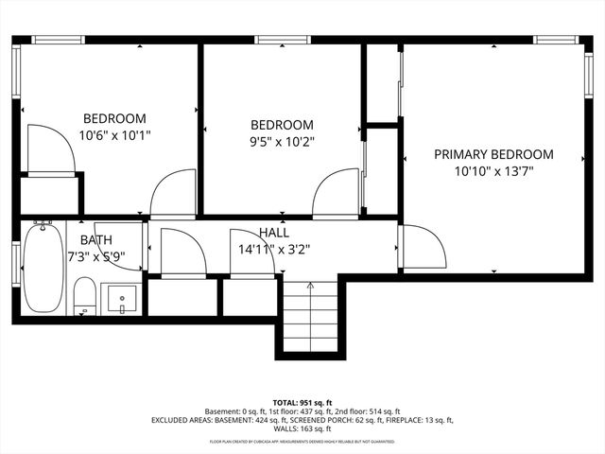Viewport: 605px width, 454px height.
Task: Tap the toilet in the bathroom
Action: click(x=85, y=295)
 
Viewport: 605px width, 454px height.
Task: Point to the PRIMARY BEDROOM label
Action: click(x=493, y=154)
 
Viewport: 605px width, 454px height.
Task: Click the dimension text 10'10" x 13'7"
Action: click(x=493, y=171)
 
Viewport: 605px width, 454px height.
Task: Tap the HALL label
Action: click(x=274, y=233)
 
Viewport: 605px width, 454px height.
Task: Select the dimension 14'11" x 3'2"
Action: click(x=274, y=250)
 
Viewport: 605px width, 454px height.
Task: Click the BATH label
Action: click(x=95, y=240)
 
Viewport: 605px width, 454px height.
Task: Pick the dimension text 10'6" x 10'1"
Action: click(x=114, y=135)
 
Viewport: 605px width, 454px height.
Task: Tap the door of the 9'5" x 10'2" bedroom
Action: click(x=336, y=194)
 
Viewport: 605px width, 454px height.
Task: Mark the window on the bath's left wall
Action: click(x=16, y=263)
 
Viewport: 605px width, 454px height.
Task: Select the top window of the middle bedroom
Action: click(x=269, y=40)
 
